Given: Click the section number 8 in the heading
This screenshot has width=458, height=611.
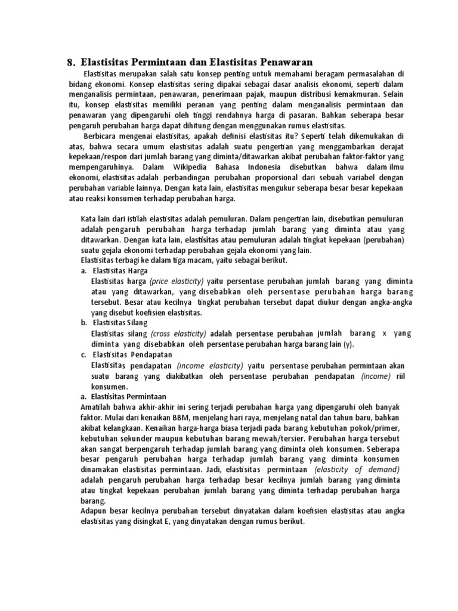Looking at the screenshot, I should click(x=70, y=62).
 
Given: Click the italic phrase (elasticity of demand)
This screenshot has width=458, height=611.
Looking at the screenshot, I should click(x=365, y=469).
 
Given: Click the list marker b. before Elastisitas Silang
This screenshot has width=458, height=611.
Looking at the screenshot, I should click(x=83, y=323).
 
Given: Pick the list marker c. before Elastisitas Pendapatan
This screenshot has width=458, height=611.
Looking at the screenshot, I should click(x=83, y=354).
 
